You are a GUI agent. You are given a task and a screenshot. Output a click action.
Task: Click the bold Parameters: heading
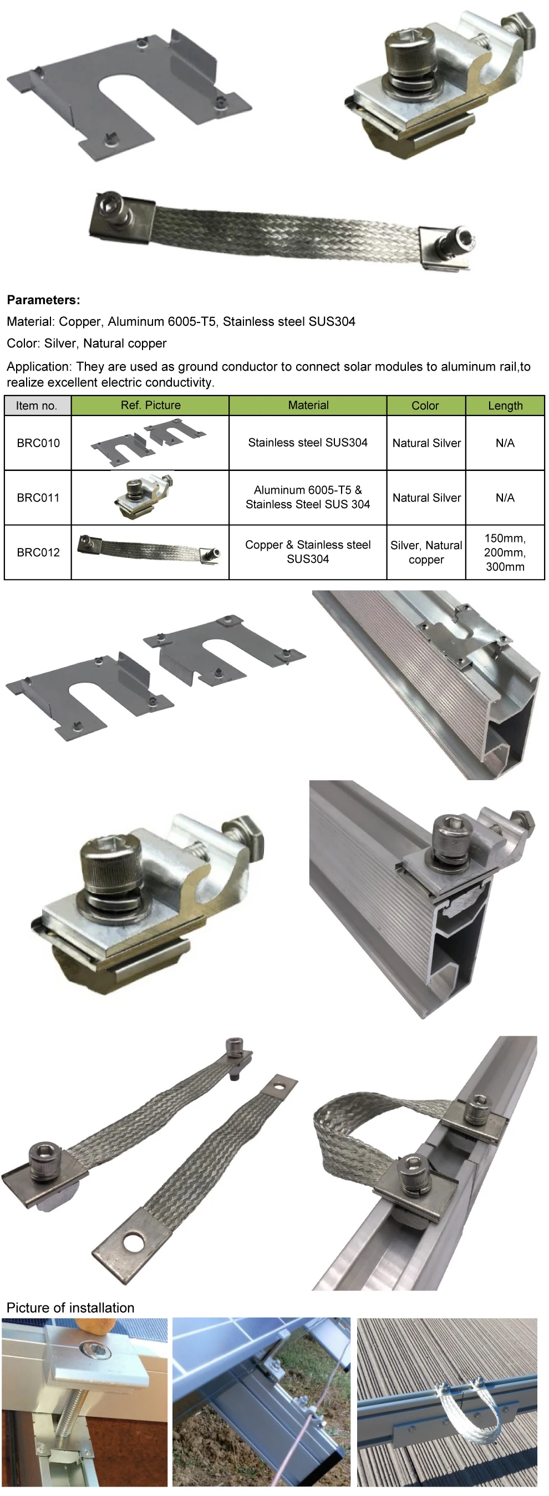pyautogui.click(x=44, y=300)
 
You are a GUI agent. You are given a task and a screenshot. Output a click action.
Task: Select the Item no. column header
pyautogui.click(x=37, y=406)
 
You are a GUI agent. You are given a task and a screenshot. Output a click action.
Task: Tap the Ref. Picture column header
pyautogui.click(x=150, y=406)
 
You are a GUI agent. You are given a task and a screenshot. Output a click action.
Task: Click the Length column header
pyautogui.click(x=505, y=406)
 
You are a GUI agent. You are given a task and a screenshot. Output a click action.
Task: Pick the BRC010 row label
pyautogui.click(x=38, y=443)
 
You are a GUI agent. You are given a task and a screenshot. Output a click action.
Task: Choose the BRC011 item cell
pyautogui.click(x=38, y=498)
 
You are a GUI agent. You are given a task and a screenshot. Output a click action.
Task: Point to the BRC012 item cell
pyautogui.click(x=38, y=552)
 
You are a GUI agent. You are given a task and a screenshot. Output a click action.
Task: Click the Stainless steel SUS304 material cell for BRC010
pyautogui.click(x=307, y=443)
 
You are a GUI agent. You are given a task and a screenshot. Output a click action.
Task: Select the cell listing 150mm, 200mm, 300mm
pyautogui.click(x=505, y=552)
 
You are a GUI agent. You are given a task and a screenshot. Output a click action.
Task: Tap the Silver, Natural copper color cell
pyautogui.click(x=426, y=552)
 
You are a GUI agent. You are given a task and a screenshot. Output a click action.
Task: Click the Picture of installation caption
pyautogui.click(x=70, y=1308)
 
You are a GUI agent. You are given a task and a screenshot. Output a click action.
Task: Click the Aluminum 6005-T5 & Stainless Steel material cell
pyautogui.click(x=307, y=497)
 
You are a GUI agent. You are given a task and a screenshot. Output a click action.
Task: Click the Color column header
pyautogui.click(x=425, y=406)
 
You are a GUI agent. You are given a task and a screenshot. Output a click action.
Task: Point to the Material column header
pyautogui.click(x=308, y=406)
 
